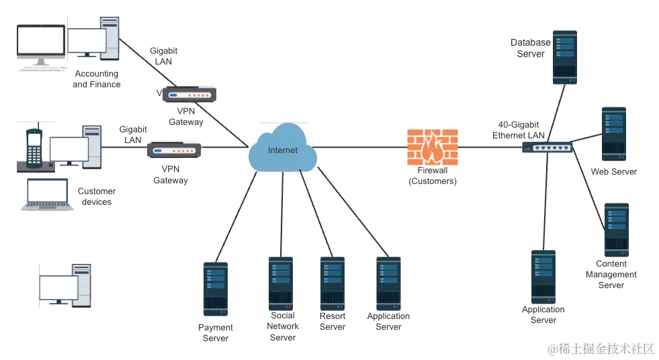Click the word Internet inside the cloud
point(282,150)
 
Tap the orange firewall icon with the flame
point(433,148)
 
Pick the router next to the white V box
point(191,95)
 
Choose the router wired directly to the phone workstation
point(174,150)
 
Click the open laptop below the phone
point(46,196)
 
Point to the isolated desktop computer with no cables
point(64,287)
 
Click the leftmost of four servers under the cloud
point(215,287)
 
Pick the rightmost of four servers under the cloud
point(389,279)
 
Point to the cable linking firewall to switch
point(490,147)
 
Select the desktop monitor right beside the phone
point(69,148)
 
